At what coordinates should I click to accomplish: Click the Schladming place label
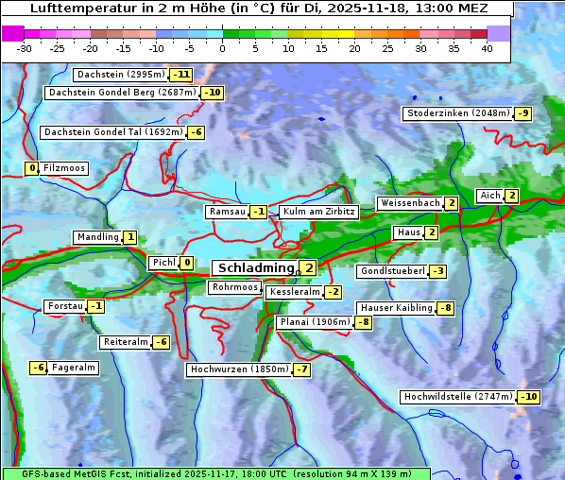tap(256, 268)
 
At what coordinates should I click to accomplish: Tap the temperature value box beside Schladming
tap(308, 268)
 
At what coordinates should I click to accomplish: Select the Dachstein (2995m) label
tap(120, 75)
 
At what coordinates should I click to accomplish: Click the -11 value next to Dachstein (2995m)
tap(180, 75)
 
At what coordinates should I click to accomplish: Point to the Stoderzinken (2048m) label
tap(457, 113)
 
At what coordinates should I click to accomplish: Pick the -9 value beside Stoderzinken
tap(522, 113)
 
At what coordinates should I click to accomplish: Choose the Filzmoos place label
tap(64, 168)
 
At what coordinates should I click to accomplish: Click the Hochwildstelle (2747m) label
tap(458, 397)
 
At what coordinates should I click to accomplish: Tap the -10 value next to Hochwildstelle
tap(528, 397)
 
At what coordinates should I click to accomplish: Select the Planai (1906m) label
tap(315, 322)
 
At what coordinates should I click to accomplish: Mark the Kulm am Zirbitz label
tap(318, 212)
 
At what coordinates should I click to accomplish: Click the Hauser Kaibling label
tap(396, 308)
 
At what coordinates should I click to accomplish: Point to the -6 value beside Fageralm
tap(38, 368)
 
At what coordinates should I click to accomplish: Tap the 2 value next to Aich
tap(511, 196)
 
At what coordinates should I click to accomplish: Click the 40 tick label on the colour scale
tap(487, 48)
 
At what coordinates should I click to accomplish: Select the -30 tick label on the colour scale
tap(25, 48)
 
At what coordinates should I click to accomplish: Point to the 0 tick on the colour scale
tap(223, 48)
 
